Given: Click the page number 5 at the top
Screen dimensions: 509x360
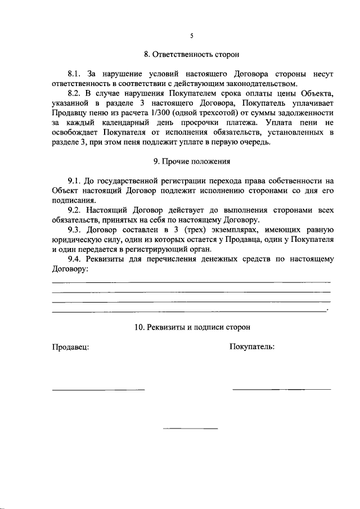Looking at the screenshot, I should coord(191,35).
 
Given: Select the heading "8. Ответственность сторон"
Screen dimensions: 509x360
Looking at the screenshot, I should coord(191,55).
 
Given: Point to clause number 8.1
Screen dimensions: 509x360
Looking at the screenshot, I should coord(75,74).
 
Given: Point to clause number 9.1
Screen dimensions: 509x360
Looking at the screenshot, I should coord(75,181).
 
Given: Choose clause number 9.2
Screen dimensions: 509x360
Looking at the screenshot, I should coord(75,210).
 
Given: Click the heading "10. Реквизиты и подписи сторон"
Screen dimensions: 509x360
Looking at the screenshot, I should coord(192,327).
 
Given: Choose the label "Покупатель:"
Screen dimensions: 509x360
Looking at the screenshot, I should coord(251,346).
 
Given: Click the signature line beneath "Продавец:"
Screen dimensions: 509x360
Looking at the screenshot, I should coord(98,389).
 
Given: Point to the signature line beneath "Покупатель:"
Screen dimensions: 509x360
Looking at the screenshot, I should coord(281,389).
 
